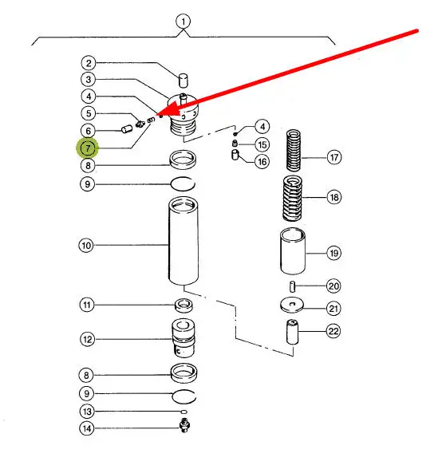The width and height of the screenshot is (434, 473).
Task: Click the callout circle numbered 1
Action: pyautogui.click(x=183, y=22)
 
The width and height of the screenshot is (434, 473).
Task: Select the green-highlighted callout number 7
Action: pyautogui.click(x=88, y=148)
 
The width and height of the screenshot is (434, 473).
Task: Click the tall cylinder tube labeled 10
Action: pyautogui.click(x=183, y=241)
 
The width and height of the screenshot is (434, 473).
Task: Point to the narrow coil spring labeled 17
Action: pyautogui.click(x=294, y=150)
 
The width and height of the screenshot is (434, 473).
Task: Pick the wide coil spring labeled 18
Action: pyautogui.click(x=292, y=199)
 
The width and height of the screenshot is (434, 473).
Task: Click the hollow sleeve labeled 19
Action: pyautogui.click(x=293, y=251)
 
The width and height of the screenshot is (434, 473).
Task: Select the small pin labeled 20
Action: pyautogui.click(x=292, y=286)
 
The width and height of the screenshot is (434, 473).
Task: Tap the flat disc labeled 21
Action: pyautogui.click(x=292, y=305)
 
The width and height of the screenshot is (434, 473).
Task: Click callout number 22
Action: pyautogui.click(x=333, y=331)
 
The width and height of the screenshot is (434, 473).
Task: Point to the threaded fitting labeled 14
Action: pyautogui.click(x=184, y=425)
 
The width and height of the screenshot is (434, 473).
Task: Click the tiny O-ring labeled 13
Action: pyautogui.click(x=183, y=412)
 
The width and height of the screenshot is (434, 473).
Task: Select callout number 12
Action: pyautogui.click(x=87, y=339)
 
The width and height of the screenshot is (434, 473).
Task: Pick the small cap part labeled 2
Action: pyautogui.click(x=183, y=81)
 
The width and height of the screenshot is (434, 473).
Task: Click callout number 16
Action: pyautogui.click(x=262, y=162)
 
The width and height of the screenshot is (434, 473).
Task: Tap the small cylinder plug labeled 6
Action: pyautogui.click(x=127, y=129)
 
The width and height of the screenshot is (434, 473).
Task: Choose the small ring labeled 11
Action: pyautogui.click(x=184, y=305)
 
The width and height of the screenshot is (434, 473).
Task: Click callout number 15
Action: pyautogui.click(x=262, y=145)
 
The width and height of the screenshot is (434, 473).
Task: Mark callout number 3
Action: pyautogui.click(x=88, y=80)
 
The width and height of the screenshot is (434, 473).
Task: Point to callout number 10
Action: pyautogui.click(x=86, y=245)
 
